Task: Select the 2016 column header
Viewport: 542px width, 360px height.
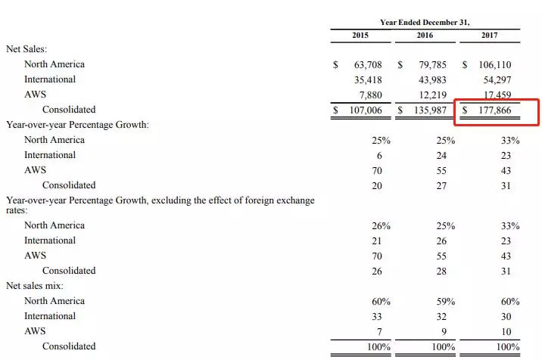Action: click(x=425, y=36)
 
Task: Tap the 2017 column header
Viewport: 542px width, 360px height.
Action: click(x=490, y=36)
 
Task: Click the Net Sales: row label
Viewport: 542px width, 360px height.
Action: click(x=28, y=48)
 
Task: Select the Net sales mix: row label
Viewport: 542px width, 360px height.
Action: click(x=35, y=286)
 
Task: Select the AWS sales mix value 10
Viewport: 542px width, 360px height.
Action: click(x=506, y=331)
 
